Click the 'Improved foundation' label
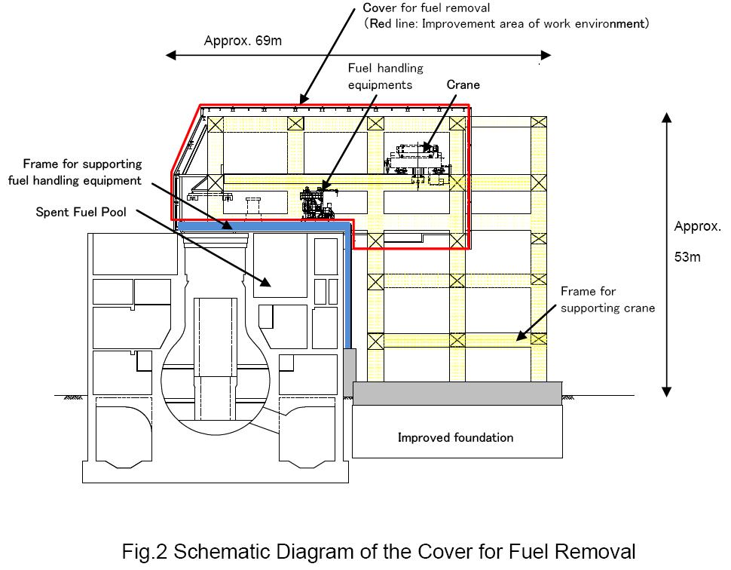point(455,437)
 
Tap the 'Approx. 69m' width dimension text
point(243,41)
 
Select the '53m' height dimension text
point(687,257)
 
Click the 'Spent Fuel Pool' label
point(81,212)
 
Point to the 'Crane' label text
point(463,84)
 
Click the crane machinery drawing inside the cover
point(418,164)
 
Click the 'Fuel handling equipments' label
point(386,76)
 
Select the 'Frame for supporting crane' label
point(607,299)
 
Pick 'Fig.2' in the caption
point(144,551)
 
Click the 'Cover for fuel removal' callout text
point(427,8)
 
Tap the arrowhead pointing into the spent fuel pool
point(265,282)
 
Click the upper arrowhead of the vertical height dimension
point(667,117)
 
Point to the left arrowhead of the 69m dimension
point(171,56)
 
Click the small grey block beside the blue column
point(350,372)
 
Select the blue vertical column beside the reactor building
point(347,287)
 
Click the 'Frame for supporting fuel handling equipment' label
point(75,172)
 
